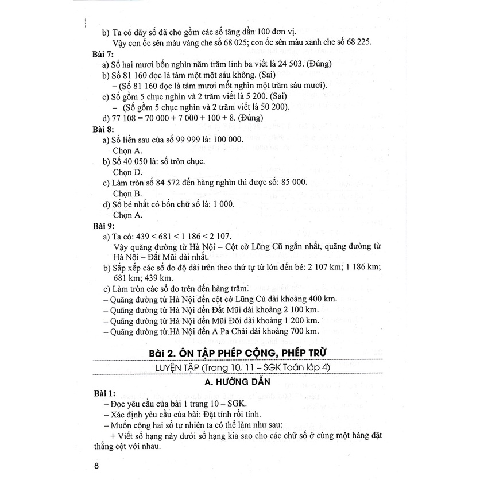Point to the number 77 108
(x=126, y=119)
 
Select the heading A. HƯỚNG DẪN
(x=239, y=380)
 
